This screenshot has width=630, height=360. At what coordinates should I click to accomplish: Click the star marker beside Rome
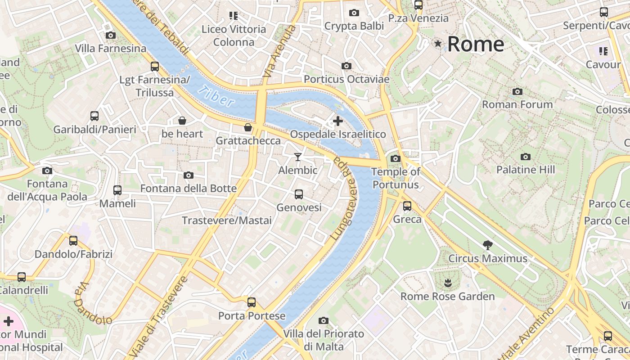click(438, 44)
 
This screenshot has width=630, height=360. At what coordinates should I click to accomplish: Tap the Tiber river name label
click(216, 95)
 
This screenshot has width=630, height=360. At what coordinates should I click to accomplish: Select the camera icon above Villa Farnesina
click(110, 35)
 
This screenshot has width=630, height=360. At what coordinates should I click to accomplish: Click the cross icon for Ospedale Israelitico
click(337, 121)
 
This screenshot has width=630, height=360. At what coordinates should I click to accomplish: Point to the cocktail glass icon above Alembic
click(297, 157)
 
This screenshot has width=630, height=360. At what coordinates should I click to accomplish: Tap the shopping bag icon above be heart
click(182, 121)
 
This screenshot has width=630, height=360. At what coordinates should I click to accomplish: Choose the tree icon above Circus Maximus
click(487, 245)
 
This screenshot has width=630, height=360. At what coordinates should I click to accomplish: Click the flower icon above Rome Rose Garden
click(447, 283)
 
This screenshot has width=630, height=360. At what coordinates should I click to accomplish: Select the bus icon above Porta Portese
click(252, 302)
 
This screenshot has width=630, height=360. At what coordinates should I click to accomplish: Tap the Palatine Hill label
click(526, 170)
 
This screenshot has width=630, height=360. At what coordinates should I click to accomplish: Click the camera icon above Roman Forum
click(517, 92)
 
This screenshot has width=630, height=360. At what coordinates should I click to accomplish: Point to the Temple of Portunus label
click(396, 178)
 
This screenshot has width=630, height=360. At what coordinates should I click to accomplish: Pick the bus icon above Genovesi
click(298, 194)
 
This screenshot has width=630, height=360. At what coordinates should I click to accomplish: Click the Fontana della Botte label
click(189, 188)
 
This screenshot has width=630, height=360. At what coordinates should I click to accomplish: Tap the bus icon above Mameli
click(117, 190)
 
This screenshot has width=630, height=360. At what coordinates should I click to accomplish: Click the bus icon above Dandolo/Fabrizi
click(73, 241)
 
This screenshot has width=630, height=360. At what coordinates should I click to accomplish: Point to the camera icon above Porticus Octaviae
click(346, 66)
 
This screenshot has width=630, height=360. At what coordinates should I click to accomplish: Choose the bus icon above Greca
click(407, 206)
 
